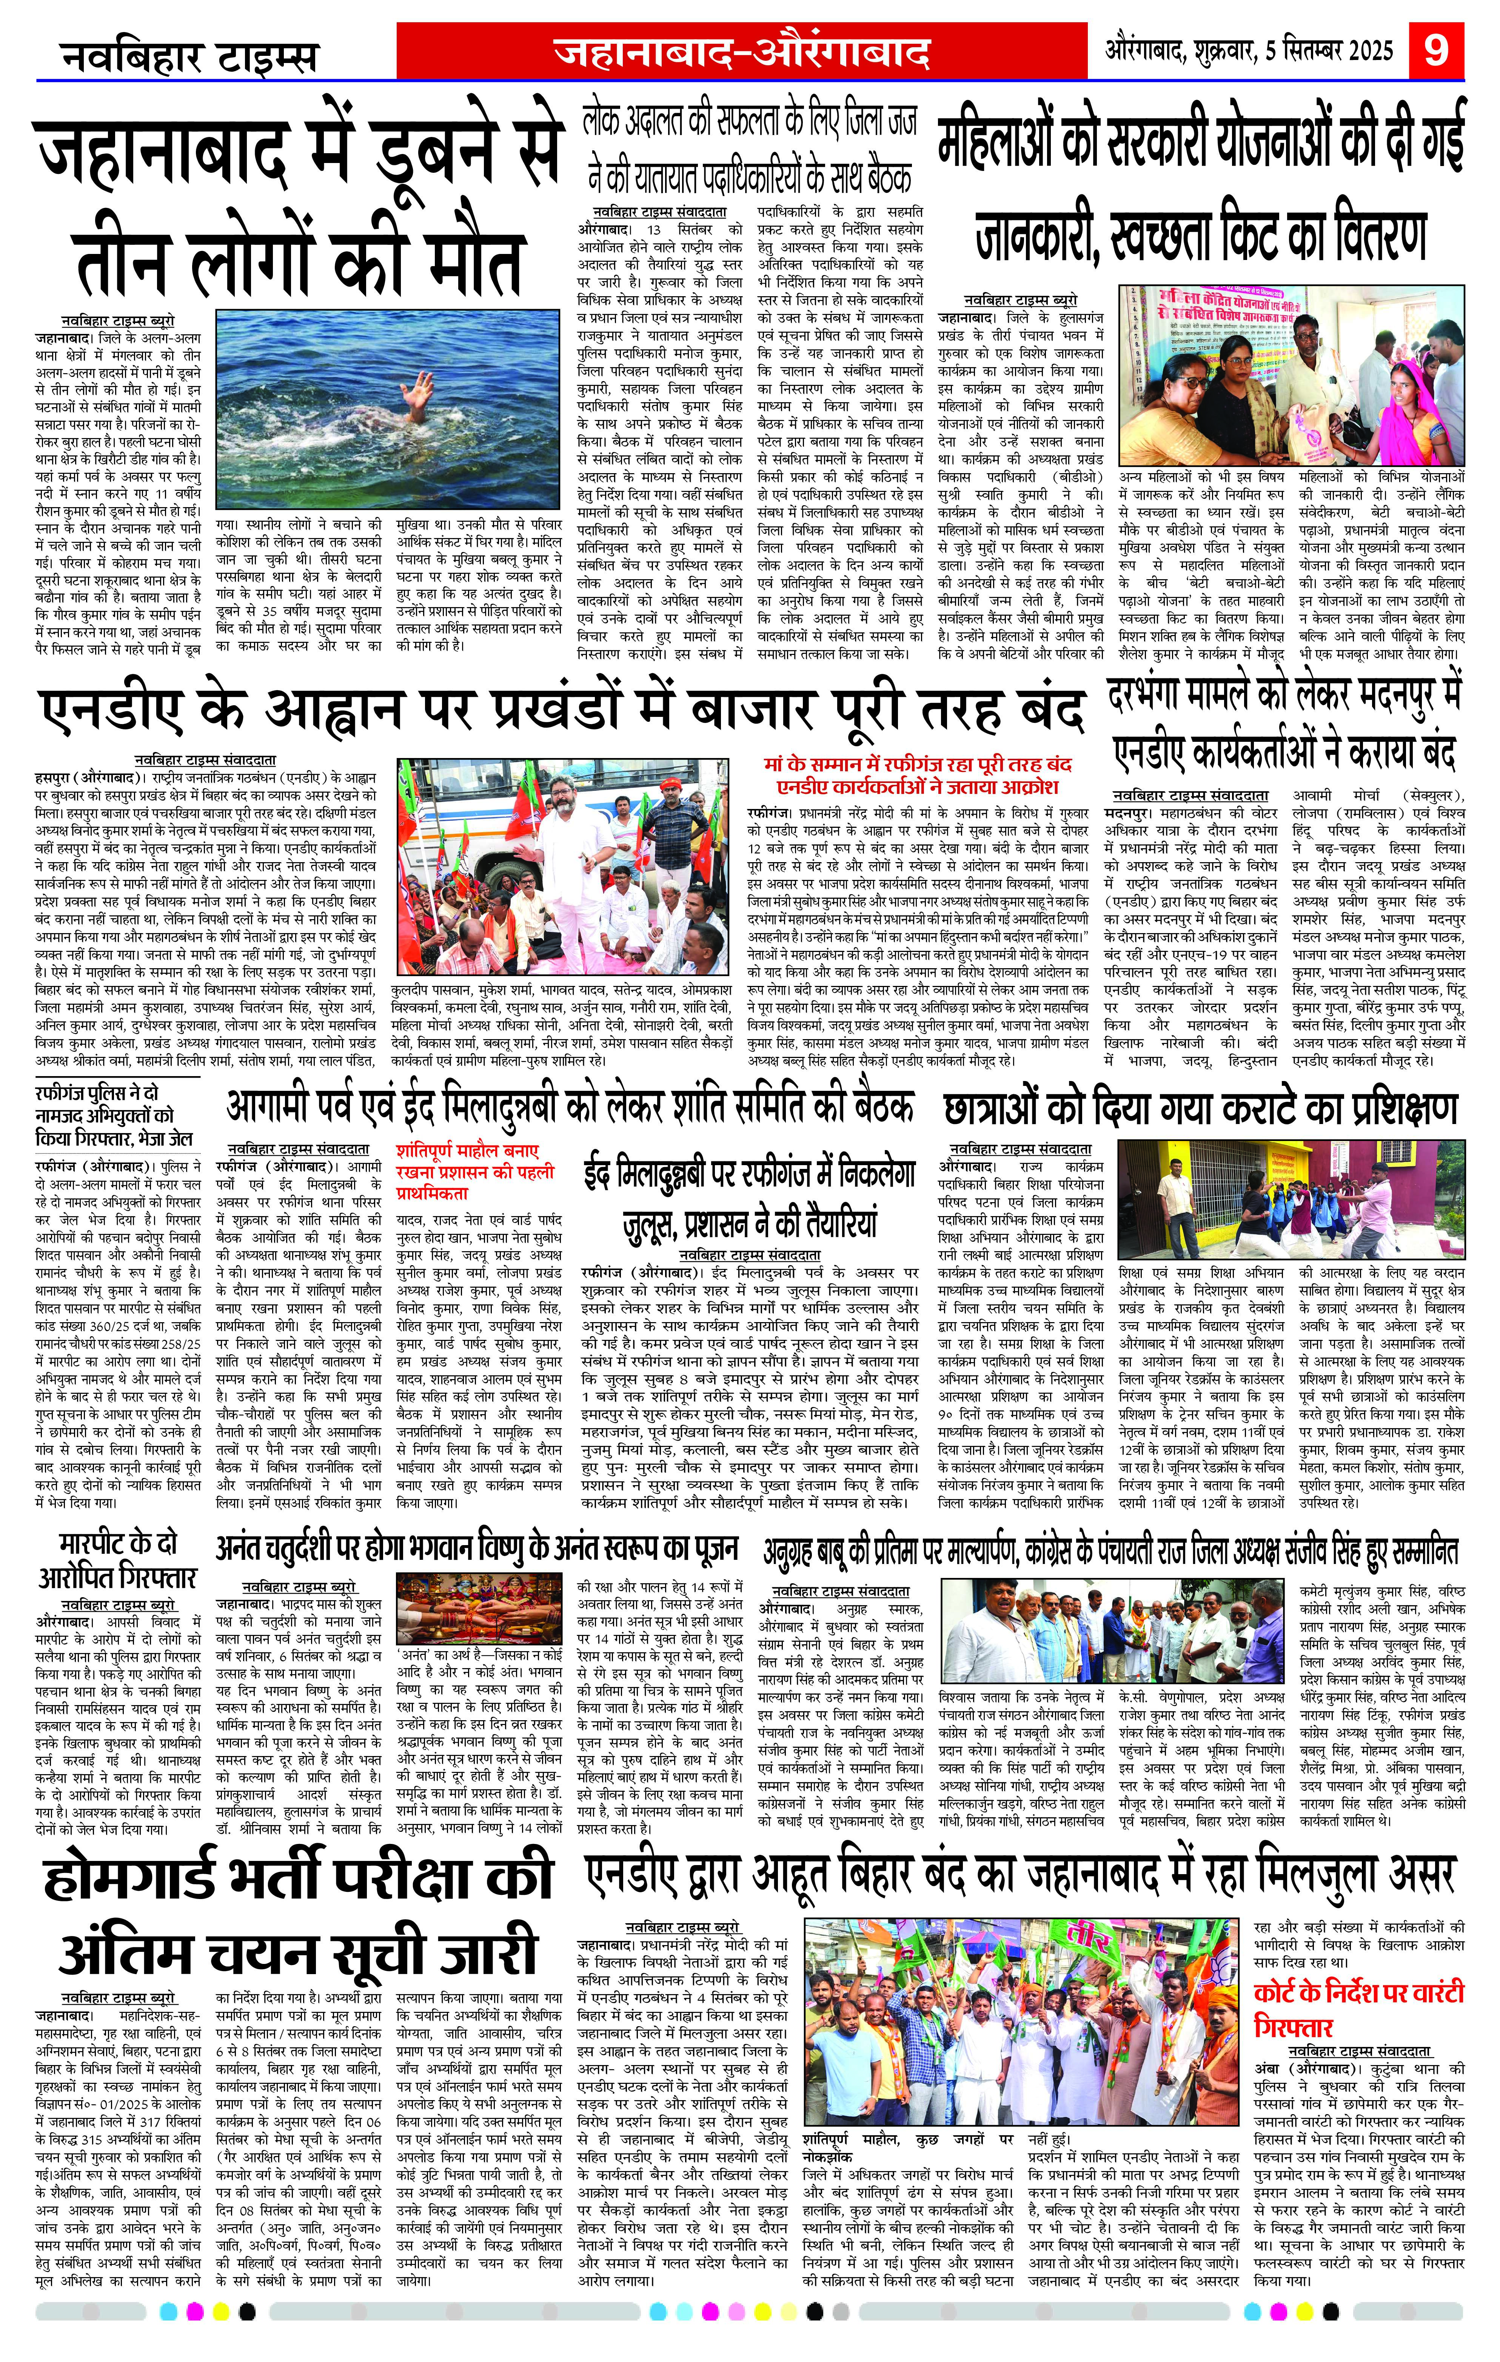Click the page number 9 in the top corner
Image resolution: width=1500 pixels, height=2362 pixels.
(1435, 47)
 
